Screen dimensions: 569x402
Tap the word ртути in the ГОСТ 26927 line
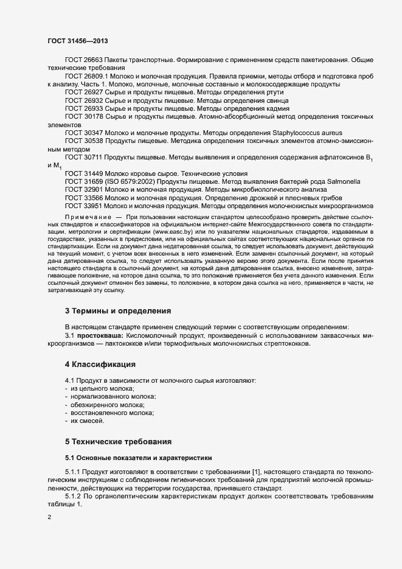click(274, 92)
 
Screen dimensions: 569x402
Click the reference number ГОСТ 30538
click(83, 141)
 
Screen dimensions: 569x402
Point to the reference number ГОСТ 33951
click(83, 206)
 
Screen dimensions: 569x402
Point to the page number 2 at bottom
click(50, 518)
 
